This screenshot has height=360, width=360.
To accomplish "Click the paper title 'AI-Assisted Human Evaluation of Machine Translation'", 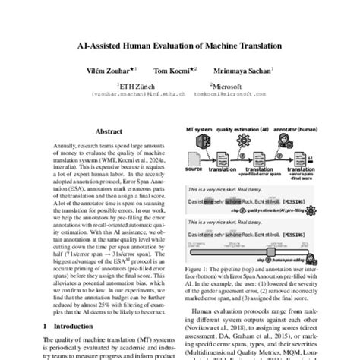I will tap(180, 54).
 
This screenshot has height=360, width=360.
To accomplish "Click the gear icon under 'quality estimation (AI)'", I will tap(245, 141).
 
